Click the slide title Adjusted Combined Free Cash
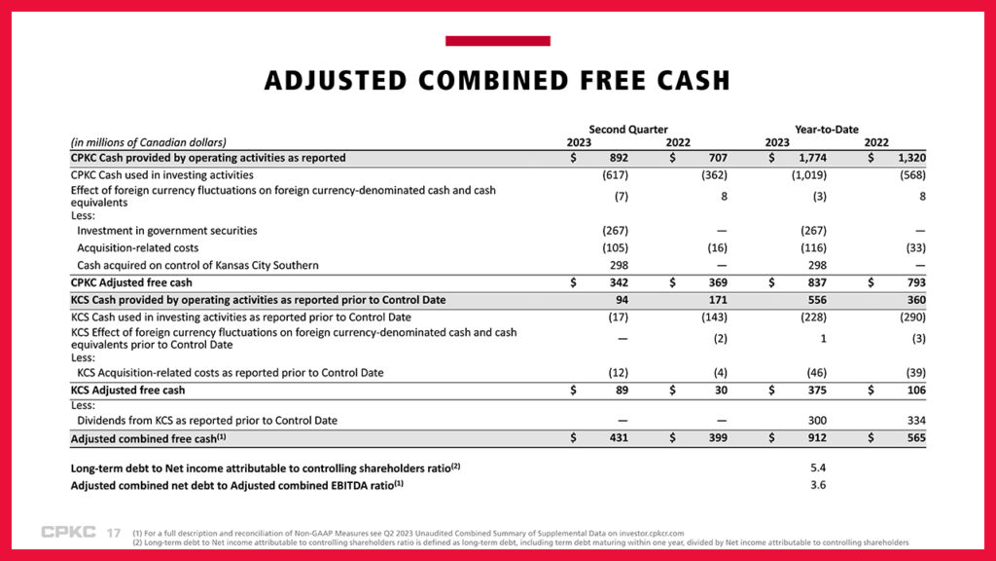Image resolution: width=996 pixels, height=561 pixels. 497,80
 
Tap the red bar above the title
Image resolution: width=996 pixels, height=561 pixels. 497,41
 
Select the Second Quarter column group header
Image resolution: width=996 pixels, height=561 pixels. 627,129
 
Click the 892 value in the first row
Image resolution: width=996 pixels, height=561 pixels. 617,157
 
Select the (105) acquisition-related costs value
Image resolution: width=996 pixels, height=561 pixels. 615,248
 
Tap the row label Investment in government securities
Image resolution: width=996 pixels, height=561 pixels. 166,231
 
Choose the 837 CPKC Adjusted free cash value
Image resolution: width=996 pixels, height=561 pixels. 815,282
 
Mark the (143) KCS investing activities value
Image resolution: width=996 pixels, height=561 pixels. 715,318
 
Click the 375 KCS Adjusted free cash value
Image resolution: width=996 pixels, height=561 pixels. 815,390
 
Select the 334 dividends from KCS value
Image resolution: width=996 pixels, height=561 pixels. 914,421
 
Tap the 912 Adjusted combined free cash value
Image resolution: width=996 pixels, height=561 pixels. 815,439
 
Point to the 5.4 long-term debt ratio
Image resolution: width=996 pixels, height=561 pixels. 818,467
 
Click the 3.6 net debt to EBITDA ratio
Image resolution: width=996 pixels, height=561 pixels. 818,485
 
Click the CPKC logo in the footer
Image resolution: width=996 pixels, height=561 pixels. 68,532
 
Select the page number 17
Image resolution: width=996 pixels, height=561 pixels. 113,533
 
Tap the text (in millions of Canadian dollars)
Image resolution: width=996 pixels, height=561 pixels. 148,142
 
